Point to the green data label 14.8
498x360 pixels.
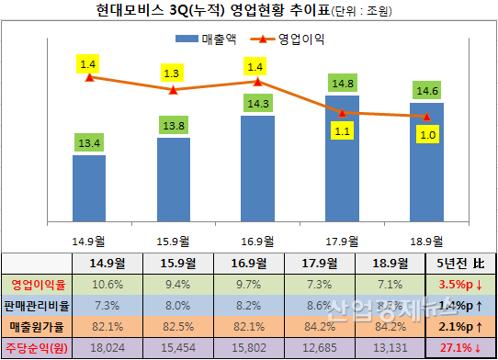pos(342,83)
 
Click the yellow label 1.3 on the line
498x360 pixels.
pos(171,72)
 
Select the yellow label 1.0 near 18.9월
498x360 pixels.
pos(428,134)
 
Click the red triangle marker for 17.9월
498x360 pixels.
pos(342,113)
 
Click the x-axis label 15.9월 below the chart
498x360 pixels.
pos(173,241)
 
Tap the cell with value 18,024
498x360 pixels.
pos(108,347)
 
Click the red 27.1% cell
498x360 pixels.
pos(461,347)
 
